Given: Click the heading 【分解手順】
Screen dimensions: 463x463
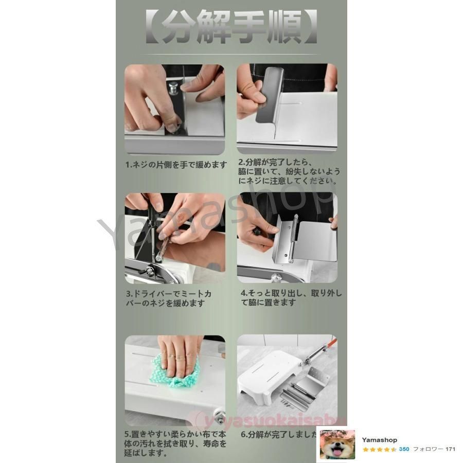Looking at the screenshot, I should pyautogui.click(x=231, y=28).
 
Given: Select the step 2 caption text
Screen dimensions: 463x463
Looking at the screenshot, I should pyautogui.click(x=289, y=172).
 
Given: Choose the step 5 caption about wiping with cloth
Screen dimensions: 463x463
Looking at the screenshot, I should pyautogui.click(x=175, y=443).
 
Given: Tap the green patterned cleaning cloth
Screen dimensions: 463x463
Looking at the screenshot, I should pyautogui.click(x=175, y=373).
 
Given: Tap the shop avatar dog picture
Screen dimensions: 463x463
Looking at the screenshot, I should pyautogui.click(x=337, y=444).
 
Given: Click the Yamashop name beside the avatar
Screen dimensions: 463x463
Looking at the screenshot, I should pyautogui.click(x=379, y=440).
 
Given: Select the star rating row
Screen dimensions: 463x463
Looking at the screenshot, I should pyautogui.click(x=379, y=449).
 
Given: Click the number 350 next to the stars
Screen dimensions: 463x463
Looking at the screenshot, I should pyautogui.click(x=404, y=449).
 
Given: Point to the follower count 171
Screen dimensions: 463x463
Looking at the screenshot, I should pyautogui.click(x=450, y=449).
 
